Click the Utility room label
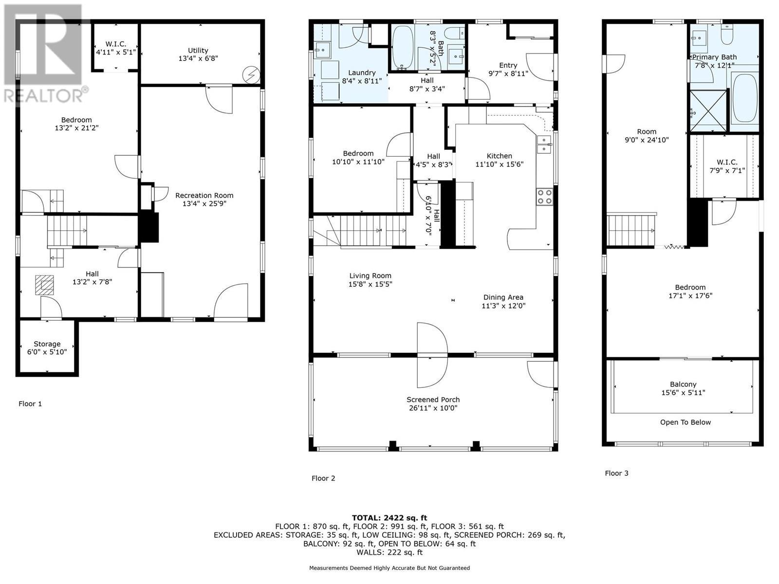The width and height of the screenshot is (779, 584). coord(198,51)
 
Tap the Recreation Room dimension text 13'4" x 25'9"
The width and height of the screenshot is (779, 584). coord(204,203)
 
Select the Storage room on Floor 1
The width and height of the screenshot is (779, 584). coord(47,347)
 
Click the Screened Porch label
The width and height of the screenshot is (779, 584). coord(433,400)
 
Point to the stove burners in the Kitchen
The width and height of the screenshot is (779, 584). coord(544,197)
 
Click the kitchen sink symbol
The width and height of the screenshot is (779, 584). coord(544,144)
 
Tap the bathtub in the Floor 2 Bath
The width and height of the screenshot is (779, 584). coord(403,47)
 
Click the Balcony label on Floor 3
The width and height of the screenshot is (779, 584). coord(683,384)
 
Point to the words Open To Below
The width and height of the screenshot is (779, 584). coord(685,422)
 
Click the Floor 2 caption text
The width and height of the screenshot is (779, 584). coord(323,478)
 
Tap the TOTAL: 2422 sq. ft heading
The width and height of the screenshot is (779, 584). coord(389,518)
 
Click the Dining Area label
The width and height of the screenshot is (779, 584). coord(503,297)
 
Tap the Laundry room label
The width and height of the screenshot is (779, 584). coord(362,73)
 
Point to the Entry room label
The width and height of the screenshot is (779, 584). coord(508,65)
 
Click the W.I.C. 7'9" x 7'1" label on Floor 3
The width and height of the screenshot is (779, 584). coord(726,162)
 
